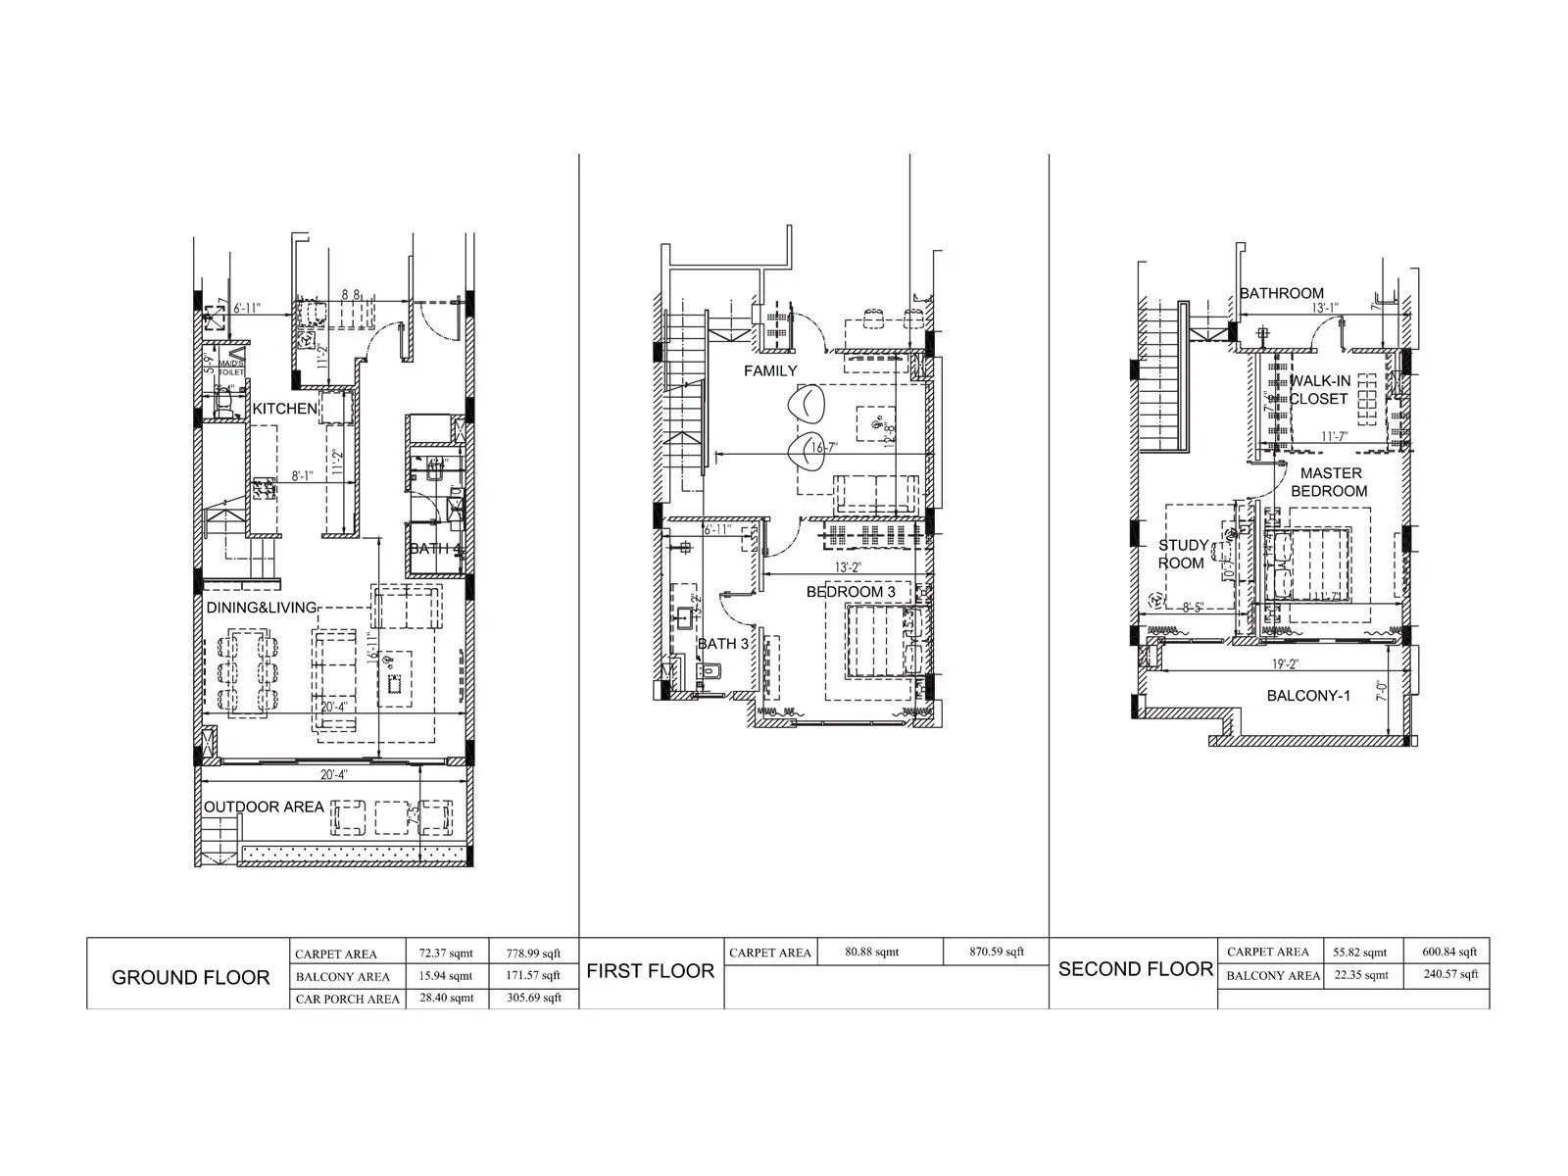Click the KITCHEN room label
[285, 409]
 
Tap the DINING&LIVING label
[261, 608]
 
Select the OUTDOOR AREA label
[264, 807]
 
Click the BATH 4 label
[434, 549]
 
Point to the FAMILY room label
[770, 371]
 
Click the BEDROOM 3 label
[851, 592]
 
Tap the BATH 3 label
[723, 644]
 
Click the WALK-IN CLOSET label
[1319, 390]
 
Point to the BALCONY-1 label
[1308, 696]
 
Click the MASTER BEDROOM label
[1332, 481]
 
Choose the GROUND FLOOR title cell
[190, 977]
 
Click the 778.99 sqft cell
[533, 953]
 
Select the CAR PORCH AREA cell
[348, 999]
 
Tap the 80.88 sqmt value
[872, 951]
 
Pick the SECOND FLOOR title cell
[1135, 969]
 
